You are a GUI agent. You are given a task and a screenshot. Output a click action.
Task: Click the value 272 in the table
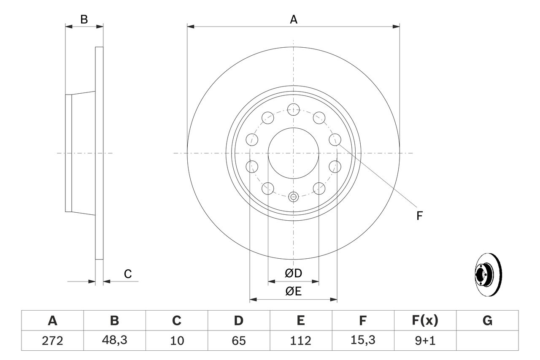click(x=52, y=341)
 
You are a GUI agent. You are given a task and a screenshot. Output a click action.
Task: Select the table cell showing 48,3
click(x=114, y=341)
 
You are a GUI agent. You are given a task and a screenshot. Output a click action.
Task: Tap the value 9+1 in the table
click(x=425, y=341)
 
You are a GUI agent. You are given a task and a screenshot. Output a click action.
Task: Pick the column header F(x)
click(x=425, y=321)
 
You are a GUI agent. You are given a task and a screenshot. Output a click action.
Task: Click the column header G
click(x=487, y=321)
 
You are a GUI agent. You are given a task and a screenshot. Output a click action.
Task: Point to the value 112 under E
click(x=300, y=341)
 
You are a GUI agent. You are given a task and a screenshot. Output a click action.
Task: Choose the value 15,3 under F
click(x=362, y=341)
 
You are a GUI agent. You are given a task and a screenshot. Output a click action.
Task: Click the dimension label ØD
click(x=294, y=273)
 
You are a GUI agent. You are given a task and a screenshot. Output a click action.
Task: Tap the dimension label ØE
click(x=294, y=292)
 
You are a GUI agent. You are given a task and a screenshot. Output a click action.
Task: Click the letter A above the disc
click(x=294, y=19)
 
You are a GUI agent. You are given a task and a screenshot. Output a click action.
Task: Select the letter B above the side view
click(x=84, y=19)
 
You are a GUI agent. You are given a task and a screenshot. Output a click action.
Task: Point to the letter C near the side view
click(x=128, y=274)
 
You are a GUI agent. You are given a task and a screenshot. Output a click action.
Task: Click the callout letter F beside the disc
click(x=419, y=216)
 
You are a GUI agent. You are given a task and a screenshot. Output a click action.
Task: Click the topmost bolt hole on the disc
click(x=293, y=109)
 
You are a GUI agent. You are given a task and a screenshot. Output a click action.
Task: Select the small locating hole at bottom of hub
click(x=293, y=196)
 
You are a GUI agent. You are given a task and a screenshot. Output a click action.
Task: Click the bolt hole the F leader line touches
click(x=335, y=139)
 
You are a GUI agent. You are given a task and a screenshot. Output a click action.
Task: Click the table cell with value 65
click(x=238, y=341)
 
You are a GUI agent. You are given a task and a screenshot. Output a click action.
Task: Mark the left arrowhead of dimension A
click(x=190, y=27)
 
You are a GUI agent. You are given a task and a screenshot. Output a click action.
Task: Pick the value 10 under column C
click(x=176, y=341)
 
